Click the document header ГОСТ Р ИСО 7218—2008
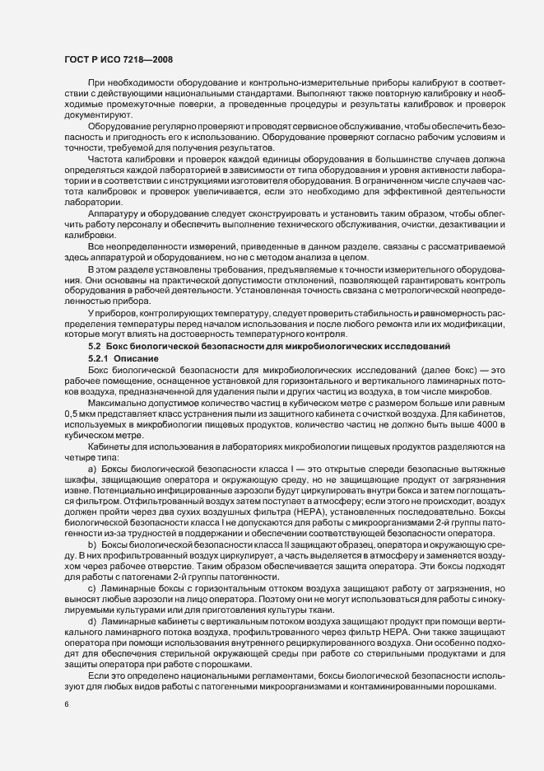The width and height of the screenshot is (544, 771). tap(114, 59)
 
